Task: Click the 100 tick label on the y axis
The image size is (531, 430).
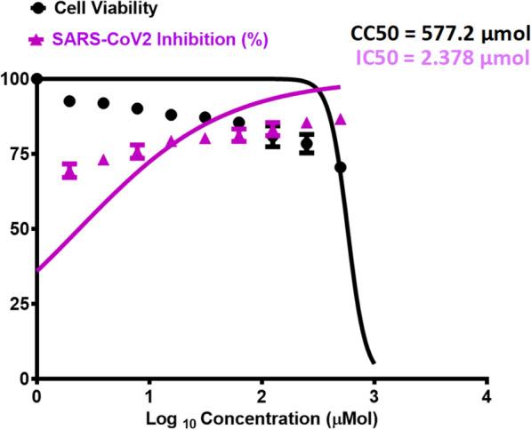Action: coord(15,79)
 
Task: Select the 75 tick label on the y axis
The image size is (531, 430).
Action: coord(19,154)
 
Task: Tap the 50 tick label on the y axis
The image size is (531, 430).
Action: coord(19,229)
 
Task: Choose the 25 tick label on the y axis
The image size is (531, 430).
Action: coord(19,304)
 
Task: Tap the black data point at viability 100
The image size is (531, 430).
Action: coord(36,79)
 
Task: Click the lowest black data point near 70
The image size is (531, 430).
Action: coord(340,167)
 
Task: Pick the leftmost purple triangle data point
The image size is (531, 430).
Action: coord(70,170)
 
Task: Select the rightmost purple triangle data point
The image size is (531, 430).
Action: coord(340,119)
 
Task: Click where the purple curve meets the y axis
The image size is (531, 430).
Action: coord(36,270)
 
